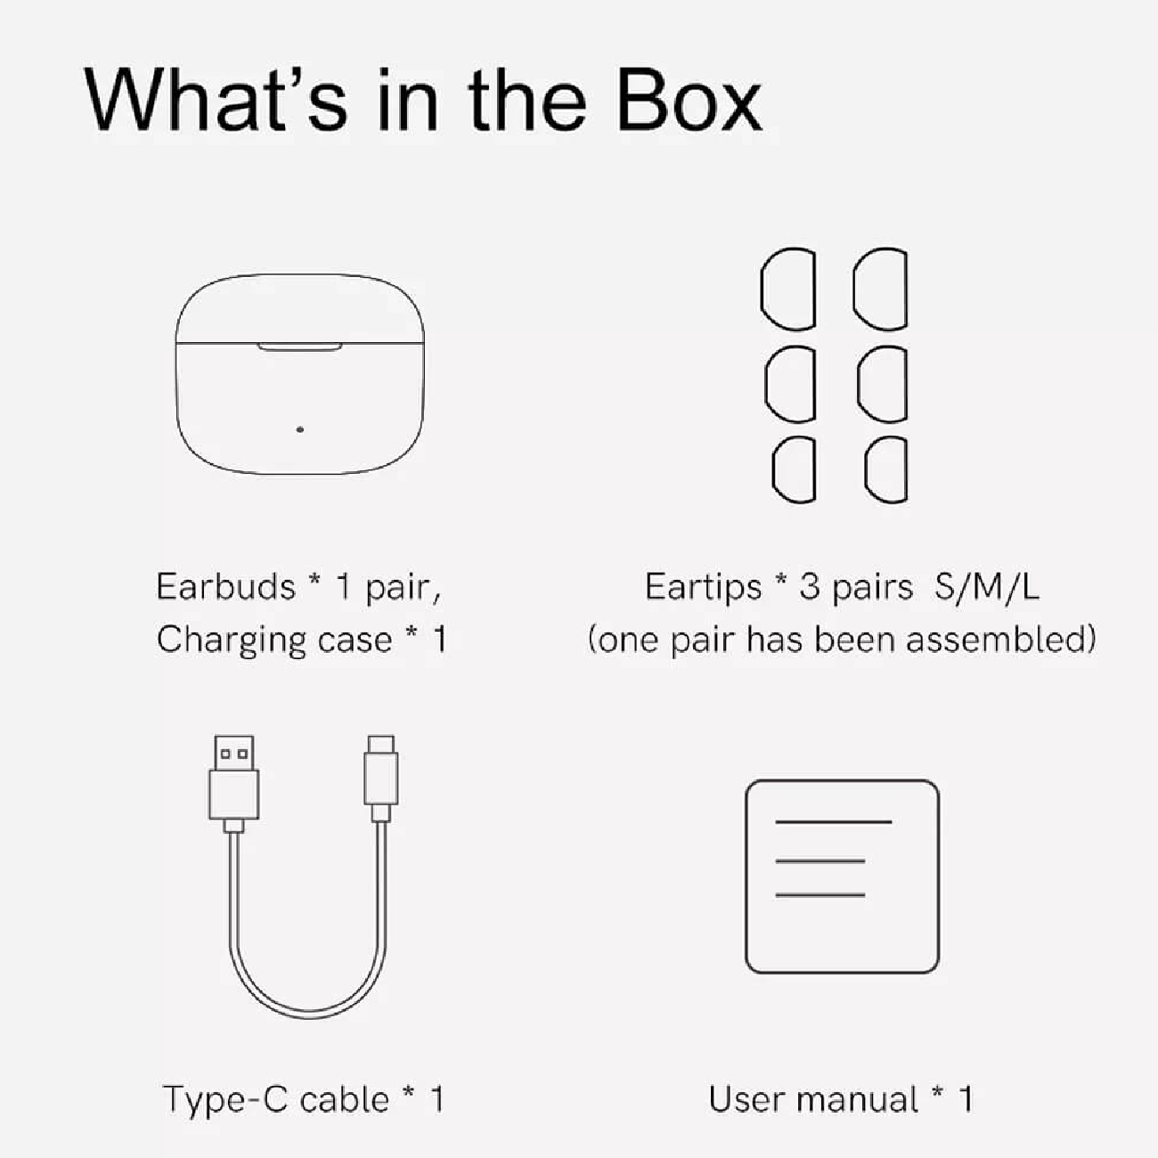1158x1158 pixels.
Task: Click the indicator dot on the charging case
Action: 300,429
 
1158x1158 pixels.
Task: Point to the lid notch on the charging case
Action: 300,347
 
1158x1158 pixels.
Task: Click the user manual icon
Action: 842,877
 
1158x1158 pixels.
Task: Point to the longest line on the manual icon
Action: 834,821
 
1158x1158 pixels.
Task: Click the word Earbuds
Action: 226,586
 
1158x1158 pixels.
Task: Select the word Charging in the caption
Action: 232,640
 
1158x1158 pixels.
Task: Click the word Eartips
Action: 703,588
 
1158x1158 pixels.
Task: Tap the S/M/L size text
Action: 987,586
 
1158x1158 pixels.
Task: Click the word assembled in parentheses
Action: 1001,640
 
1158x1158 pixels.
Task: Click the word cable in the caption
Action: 345,1100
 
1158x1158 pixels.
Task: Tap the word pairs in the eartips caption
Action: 871,588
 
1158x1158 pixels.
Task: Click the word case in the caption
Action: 355,640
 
